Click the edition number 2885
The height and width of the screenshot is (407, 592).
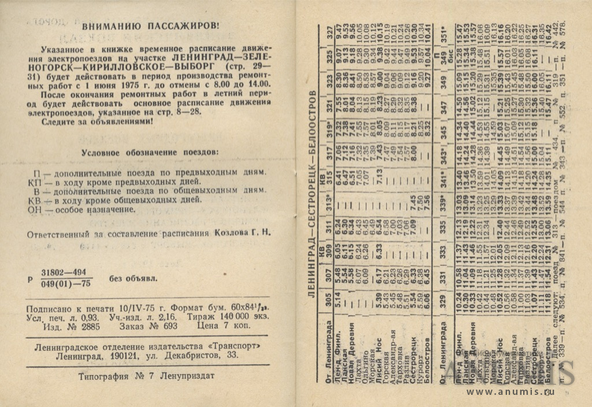(88, 327)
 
